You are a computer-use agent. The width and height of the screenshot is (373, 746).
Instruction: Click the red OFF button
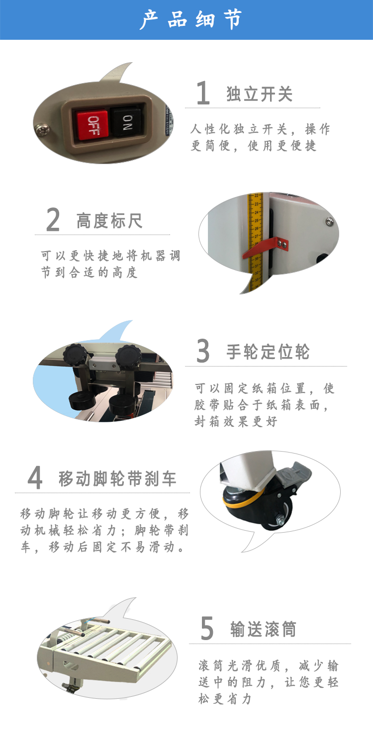pos(92,124)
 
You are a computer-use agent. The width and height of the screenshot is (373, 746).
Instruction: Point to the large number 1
pos(202,93)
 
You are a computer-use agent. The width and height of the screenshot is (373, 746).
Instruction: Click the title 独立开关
pos(260,93)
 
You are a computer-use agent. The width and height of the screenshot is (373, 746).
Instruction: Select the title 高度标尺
pos(109,220)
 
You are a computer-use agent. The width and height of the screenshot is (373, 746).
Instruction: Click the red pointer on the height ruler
pos(265,247)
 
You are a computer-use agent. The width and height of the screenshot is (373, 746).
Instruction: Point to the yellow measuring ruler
pos(256,243)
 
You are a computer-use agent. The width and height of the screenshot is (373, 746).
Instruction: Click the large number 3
pos(203,351)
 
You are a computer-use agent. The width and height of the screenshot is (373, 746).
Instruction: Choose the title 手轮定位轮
pos(268,352)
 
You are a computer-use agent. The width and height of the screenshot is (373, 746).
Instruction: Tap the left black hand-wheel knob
pos(75,355)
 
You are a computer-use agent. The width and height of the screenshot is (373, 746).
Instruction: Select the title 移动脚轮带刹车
pos(117,478)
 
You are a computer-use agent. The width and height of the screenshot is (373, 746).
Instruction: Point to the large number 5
pos(207,628)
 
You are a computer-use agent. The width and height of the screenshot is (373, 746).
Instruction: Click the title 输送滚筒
pos(263,629)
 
